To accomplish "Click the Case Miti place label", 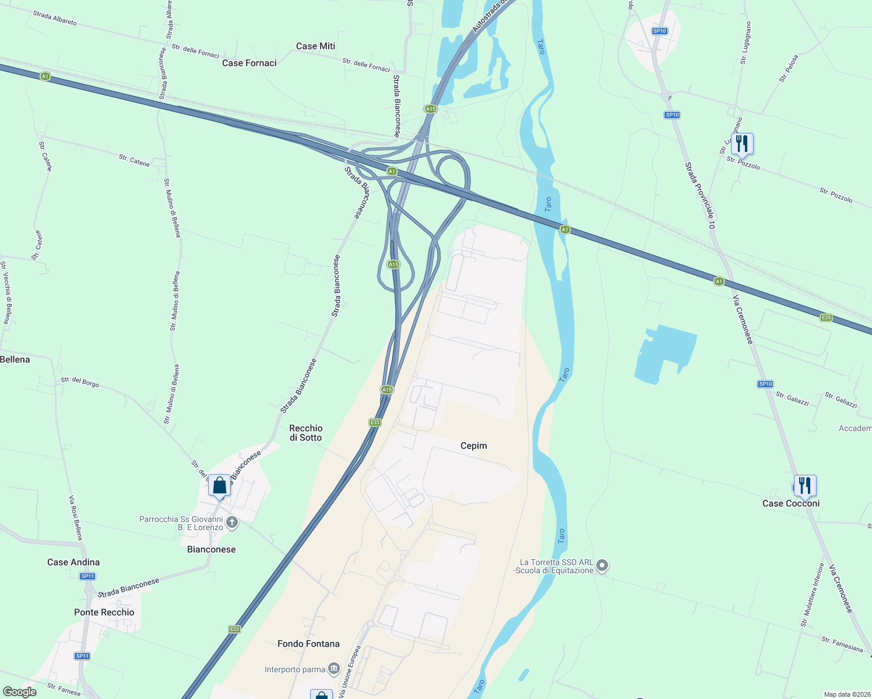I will [315, 46].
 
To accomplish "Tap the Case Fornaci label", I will [249, 63].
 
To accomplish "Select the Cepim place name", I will [473, 446].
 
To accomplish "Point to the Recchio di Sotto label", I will [306, 433].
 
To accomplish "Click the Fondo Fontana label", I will [308, 644].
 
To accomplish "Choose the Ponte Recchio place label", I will [104, 612].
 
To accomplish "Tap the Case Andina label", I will [73, 562].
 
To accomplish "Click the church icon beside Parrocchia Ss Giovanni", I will [232, 523].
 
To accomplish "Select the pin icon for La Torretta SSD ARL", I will [603, 565].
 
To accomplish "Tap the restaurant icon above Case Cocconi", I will [804, 485].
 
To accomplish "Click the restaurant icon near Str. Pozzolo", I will [742, 143].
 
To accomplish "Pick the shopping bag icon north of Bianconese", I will [219, 485].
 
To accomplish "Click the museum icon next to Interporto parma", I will [334, 669].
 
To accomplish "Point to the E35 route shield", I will [825, 317].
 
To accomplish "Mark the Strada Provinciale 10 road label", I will [699, 196].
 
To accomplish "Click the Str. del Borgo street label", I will [80, 382].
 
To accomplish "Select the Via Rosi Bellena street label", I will [76, 518].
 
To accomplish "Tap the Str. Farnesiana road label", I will [842, 644].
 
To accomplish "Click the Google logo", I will [20, 692].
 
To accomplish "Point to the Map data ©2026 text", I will [845, 694].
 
